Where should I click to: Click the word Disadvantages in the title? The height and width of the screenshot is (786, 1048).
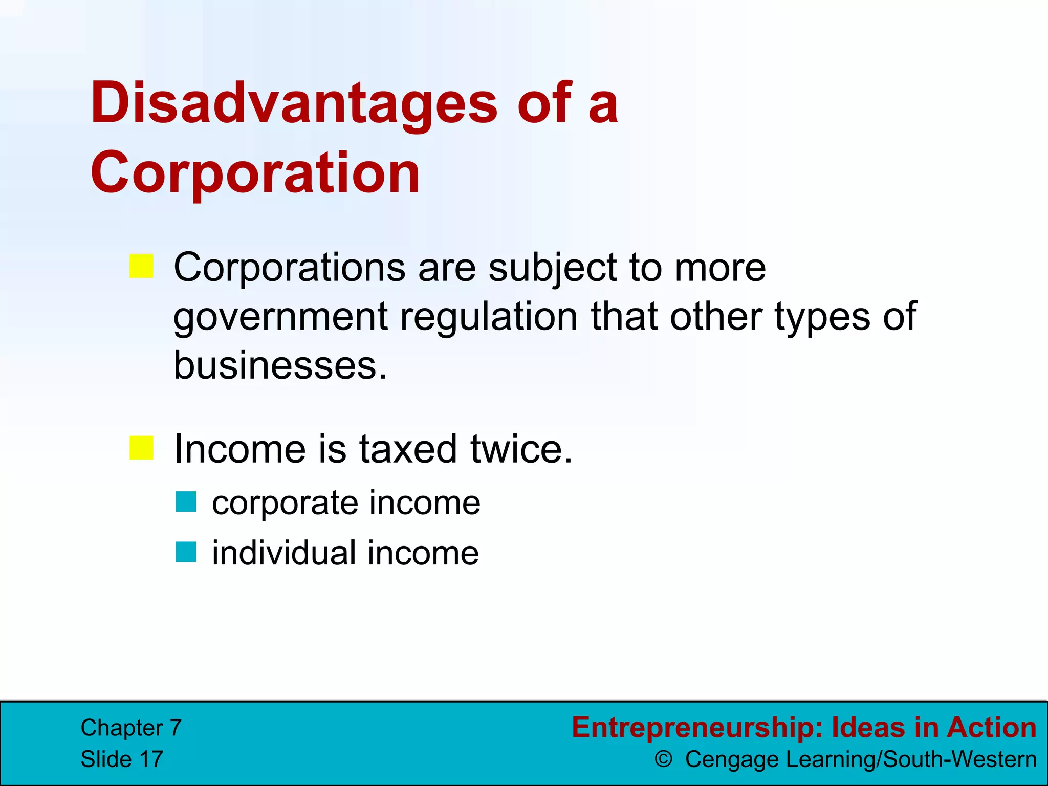(294, 104)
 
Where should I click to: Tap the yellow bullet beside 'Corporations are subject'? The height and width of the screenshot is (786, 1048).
(142, 266)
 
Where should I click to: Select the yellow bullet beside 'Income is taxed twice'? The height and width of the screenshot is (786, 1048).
(142, 448)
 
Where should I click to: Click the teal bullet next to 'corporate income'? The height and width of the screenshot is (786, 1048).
(186, 502)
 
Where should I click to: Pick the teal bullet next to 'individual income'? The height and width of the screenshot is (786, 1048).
(186, 552)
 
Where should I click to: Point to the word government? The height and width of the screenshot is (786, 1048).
(280, 317)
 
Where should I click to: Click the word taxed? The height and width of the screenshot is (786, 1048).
(407, 449)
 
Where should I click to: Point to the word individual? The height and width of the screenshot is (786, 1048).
(284, 553)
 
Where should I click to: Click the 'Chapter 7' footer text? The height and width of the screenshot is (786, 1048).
(131, 728)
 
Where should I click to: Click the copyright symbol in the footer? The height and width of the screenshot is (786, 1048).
(663, 759)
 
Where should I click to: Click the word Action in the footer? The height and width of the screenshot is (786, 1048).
(991, 727)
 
